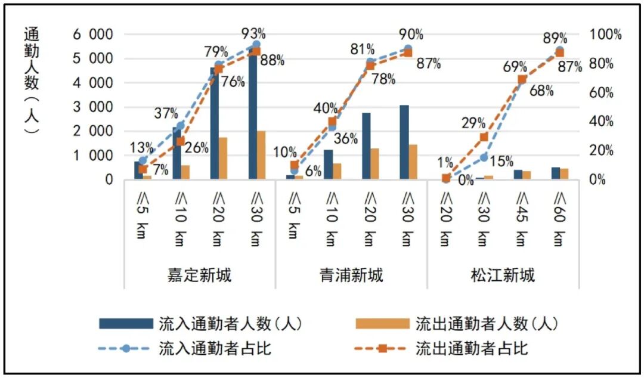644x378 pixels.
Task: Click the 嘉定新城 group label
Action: point(200,275)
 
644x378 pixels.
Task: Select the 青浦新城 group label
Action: point(351,275)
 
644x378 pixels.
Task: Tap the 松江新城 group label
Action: point(503,275)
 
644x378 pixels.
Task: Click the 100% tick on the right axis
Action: point(605,35)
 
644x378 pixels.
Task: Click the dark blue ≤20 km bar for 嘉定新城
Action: point(215,123)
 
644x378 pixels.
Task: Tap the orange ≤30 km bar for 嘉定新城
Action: point(261,155)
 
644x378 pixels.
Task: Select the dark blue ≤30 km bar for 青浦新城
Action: point(404,142)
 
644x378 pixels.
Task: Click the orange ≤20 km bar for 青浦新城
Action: point(375,163)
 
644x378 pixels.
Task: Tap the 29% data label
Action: point(472,124)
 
